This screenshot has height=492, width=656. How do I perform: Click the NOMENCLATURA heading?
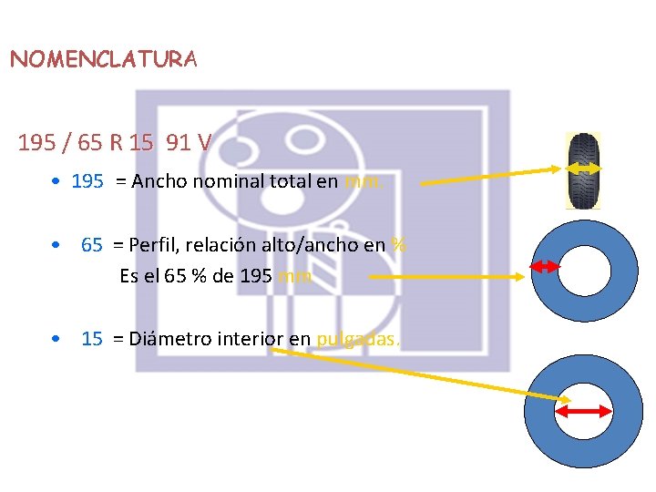tap(103, 60)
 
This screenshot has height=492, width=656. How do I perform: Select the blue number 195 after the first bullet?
tap(87, 181)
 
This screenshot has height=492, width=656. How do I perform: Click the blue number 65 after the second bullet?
tap(91, 244)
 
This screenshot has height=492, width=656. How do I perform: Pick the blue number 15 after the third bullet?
tap(91, 339)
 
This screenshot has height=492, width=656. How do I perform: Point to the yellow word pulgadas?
tap(357, 339)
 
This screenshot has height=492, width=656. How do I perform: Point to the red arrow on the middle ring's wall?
tap(545, 266)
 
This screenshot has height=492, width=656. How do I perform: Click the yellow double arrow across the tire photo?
tap(583, 168)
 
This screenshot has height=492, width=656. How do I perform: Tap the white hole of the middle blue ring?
tap(584, 270)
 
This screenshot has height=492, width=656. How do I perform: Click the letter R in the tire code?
tap(117, 143)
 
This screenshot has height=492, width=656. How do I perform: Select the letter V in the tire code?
tap(203, 143)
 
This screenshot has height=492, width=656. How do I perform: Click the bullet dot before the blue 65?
tap(56, 245)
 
